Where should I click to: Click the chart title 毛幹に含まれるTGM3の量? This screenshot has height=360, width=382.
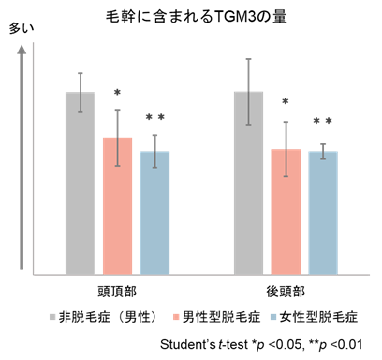pyautogui.click(x=191, y=15)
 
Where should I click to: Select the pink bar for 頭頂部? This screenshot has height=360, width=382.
pyautogui.click(x=117, y=206)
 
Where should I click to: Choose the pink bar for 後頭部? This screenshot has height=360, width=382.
pyautogui.click(x=286, y=212)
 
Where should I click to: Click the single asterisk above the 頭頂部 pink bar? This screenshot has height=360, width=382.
pyautogui.click(x=117, y=93)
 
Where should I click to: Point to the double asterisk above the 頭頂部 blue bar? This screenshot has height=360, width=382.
pyautogui.click(x=154, y=118)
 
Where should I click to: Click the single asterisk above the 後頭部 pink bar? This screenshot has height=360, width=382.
pyautogui.click(x=286, y=102)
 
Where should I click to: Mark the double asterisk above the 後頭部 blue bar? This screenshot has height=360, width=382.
pyautogui.click(x=322, y=122)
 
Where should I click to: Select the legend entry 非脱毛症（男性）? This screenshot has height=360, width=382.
pyautogui.click(x=106, y=316)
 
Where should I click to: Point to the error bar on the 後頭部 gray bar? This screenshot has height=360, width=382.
pyautogui.click(x=248, y=91)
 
